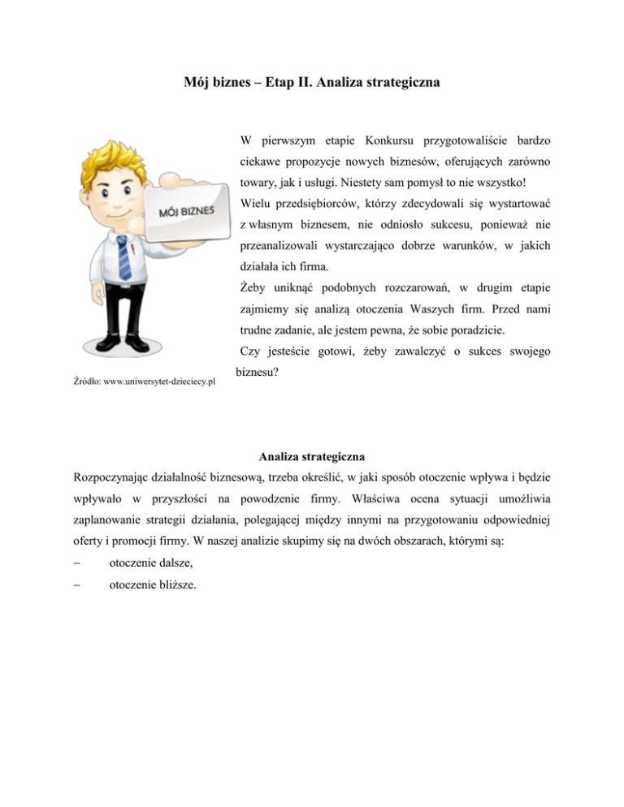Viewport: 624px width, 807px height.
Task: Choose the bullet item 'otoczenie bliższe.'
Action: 150,585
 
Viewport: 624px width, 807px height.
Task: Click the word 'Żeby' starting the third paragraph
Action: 254,287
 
